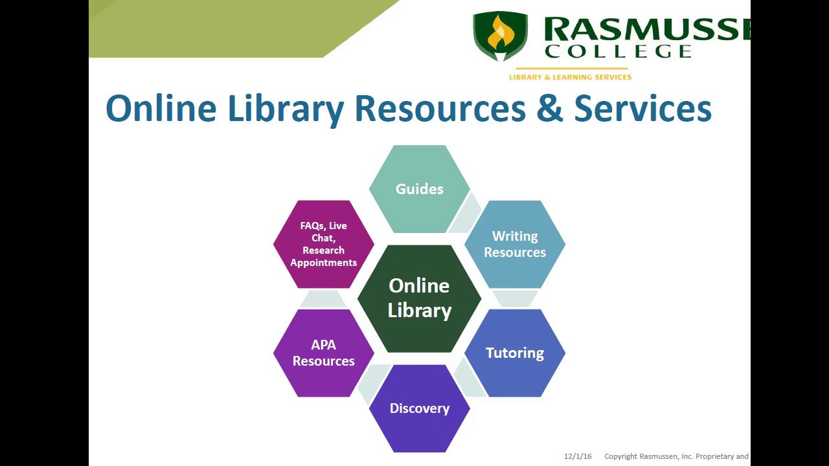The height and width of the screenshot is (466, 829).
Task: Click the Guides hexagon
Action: pyautogui.click(x=419, y=189)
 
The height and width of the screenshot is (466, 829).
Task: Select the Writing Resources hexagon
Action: pyautogui.click(x=515, y=244)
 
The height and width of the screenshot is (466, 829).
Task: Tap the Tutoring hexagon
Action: pyautogui.click(x=515, y=353)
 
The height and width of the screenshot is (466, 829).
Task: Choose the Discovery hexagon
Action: pyautogui.click(x=419, y=408)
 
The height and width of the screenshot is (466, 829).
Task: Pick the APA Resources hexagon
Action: pyautogui.click(x=323, y=353)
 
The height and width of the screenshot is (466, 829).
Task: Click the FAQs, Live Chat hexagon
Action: pyautogui.click(x=323, y=244)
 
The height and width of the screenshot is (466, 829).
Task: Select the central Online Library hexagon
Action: pyautogui.click(x=419, y=298)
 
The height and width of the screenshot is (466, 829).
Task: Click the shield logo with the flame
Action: pyautogui.click(x=500, y=36)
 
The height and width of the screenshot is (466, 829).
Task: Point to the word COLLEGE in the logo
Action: pyautogui.click(x=619, y=51)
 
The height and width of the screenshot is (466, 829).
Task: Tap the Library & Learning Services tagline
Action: pyautogui.click(x=570, y=77)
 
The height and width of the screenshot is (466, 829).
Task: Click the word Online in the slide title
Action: pyautogui.click(x=161, y=108)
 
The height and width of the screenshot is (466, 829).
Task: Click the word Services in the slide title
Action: pyautogui.click(x=642, y=108)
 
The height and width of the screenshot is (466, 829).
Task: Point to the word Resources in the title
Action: pyautogui.click(x=440, y=108)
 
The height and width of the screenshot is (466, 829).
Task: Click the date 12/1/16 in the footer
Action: pyautogui.click(x=578, y=456)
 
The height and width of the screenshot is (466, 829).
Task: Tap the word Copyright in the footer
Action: pyautogui.click(x=620, y=456)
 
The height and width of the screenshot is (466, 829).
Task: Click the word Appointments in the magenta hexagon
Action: pyautogui.click(x=323, y=263)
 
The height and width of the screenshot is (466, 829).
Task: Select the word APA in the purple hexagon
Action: pyautogui.click(x=323, y=345)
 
